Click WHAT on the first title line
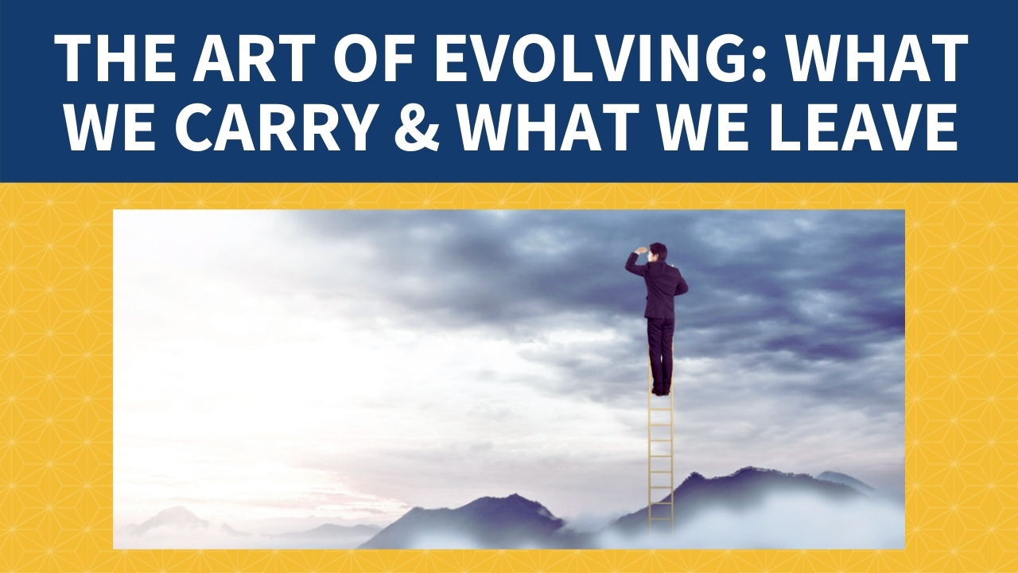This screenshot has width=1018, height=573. (875, 59)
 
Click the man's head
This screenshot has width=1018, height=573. (658, 253)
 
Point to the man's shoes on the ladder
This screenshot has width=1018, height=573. (661, 391)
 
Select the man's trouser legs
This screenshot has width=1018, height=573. (661, 353)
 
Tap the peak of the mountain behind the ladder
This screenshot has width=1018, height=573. (745, 469)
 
